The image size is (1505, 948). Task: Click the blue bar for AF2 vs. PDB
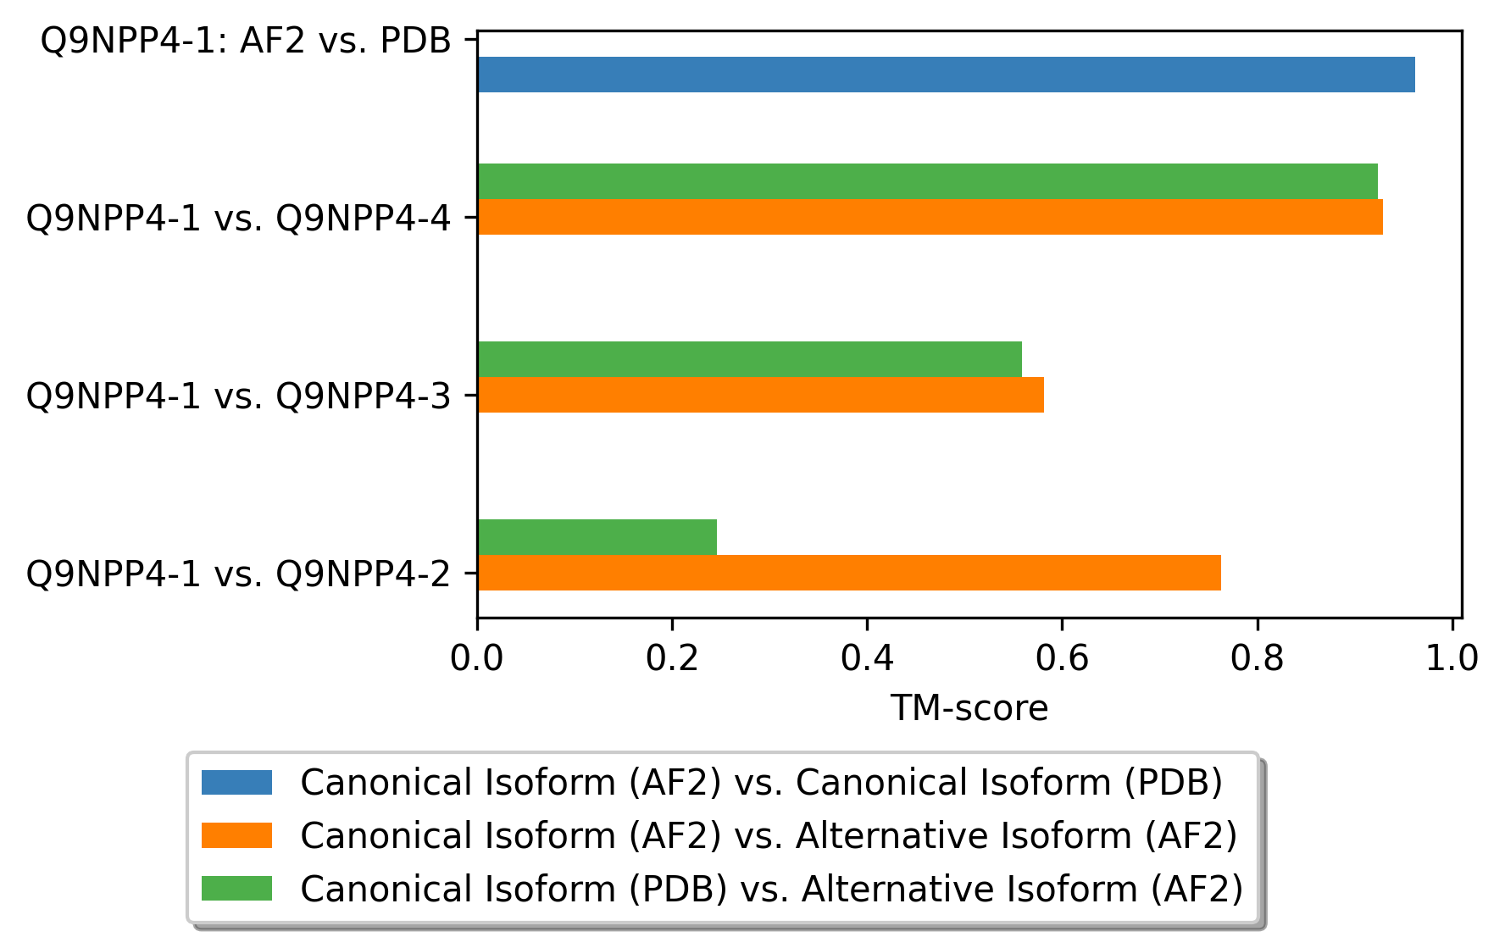tap(946, 75)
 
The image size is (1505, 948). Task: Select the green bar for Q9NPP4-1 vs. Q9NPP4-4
tap(928, 181)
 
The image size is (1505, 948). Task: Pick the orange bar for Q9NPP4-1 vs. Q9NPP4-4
tap(930, 217)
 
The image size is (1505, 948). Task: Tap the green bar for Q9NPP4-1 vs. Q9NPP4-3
tap(750, 359)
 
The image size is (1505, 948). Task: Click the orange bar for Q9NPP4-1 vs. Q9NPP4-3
tap(761, 395)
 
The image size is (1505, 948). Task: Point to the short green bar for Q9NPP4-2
tap(597, 537)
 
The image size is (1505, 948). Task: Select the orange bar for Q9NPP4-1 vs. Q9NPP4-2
tap(849, 573)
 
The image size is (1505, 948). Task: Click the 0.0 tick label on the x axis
tap(477, 658)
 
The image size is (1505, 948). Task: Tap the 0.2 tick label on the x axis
tap(672, 658)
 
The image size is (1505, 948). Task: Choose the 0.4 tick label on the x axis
tap(867, 658)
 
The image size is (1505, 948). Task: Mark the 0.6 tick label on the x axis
tap(1062, 658)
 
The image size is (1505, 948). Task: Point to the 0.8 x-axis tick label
tap(1258, 658)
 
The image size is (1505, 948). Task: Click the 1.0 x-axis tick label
tap(1452, 658)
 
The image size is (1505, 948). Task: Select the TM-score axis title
tap(969, 708)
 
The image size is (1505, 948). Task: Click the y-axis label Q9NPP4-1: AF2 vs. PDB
tap(246, 41)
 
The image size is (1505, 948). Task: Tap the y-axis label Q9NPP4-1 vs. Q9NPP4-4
tap(239, 219)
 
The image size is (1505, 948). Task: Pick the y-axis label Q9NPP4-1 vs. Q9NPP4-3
tap(239, 396)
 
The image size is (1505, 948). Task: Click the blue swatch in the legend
tap(236, 782)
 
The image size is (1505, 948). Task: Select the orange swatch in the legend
tap(236, 835)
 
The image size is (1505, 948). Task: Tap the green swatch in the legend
tap(236, 889)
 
